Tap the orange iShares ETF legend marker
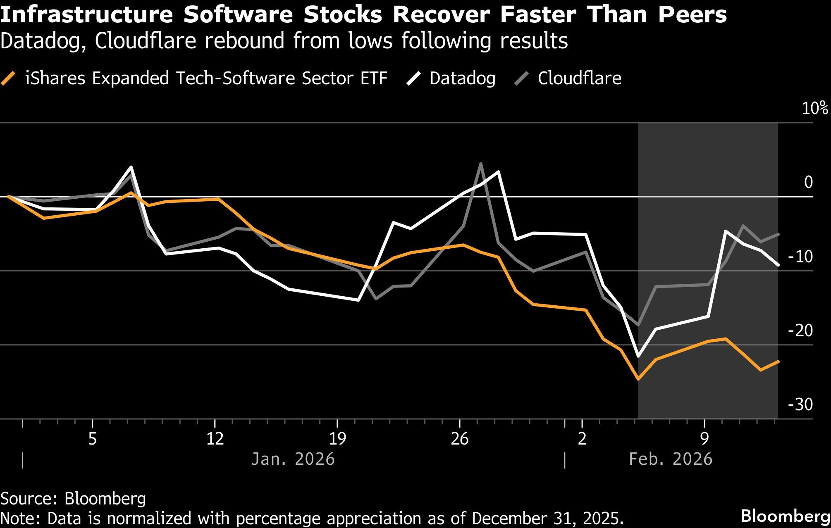point(9,78)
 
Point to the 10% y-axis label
point(815,108)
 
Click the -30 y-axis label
point(800,404)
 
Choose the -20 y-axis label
point(800,331)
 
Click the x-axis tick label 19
point(337,438)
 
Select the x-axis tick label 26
point(459,438)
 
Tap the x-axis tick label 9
point(704,438)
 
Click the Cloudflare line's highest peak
point(481,164)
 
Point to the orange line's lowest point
point(638,379)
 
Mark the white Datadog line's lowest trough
point(638,356)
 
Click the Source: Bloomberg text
point(73,499)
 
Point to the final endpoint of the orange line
point(778,362)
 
